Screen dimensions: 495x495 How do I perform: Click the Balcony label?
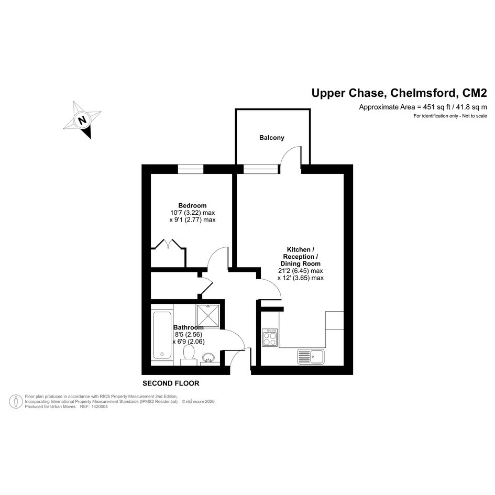(x=271, y=138)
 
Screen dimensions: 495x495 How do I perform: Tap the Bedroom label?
(x=192, y=205)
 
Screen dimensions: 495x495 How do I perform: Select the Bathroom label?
(x=188, y=327)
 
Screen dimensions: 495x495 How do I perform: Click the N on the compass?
(x=82, y=120)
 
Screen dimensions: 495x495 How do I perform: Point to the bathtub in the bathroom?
(x=162, y=335)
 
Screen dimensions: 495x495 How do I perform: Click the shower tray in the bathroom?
(x=208, y=316)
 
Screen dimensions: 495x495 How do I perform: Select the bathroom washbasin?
(x=208, y=358)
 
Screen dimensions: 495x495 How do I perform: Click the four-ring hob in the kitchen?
(x=270, y=337)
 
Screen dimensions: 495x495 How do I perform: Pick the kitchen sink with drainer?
(x=311, y=356)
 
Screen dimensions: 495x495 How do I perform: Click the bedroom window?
(x=191, y=169)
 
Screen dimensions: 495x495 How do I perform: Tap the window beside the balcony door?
(x=261, y=169)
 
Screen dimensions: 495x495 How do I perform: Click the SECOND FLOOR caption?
(x=171, y=383)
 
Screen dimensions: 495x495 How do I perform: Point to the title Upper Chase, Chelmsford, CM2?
(x=399, y=93)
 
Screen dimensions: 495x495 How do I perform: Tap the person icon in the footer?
(x=16, y=402)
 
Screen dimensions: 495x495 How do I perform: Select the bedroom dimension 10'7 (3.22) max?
(x=193, y=213)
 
